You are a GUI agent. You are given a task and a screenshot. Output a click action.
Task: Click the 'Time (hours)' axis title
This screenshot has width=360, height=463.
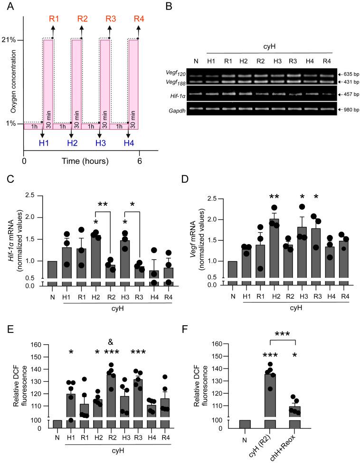pyautogui.click(x=85, y=161)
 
